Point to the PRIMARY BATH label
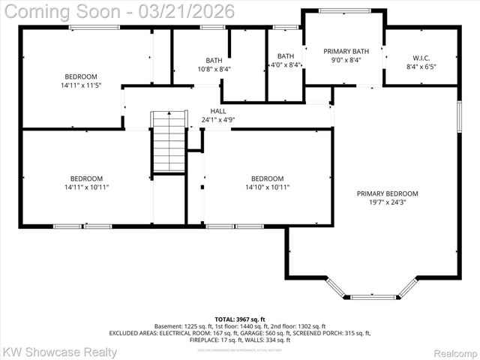(343, 51)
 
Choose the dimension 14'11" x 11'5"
(80, 85)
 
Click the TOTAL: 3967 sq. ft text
(240, 319)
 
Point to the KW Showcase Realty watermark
(60, 351)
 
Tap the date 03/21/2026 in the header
(190, 11)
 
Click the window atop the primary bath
(343, 10)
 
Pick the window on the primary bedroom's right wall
(459, 115)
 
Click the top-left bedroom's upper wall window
(94, 28)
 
